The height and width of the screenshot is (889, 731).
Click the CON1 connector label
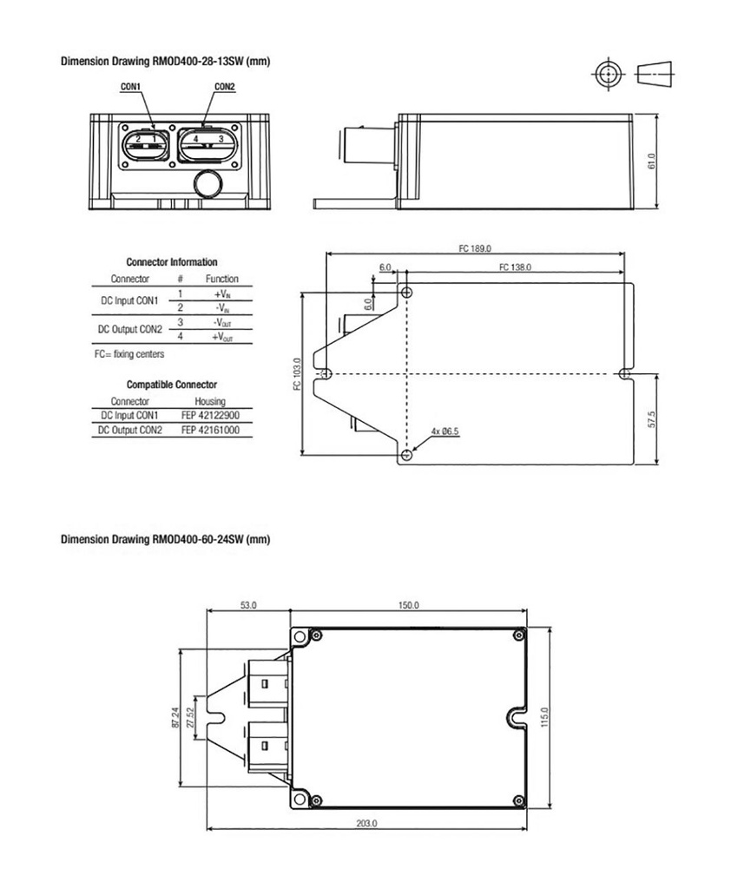[x=131, y=87]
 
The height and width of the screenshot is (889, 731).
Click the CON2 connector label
[x=225, y=87]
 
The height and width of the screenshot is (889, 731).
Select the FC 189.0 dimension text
[x=475, y=248]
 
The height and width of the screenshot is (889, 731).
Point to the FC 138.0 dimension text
[x=515, y=267]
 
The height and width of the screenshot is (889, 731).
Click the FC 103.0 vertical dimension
[x=297, y=374]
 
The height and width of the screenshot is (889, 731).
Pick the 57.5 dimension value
[x=651, y=418]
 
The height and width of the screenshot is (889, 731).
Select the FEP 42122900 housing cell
[x=210, y=416]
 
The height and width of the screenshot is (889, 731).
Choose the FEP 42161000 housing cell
[x=210, y=430]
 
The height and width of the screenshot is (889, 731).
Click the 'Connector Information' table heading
[x=172, y=261]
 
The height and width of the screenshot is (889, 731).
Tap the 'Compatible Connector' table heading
[x=172, y=384]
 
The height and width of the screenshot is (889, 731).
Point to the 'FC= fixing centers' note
[x=128, y=354]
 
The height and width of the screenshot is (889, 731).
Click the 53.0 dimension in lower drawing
[x=248, y=605]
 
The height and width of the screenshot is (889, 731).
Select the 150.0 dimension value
[x=409, y=605]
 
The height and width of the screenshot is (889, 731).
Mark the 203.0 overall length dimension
[x=367, y=823]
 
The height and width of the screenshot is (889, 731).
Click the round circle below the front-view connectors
[x=208, y=184]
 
